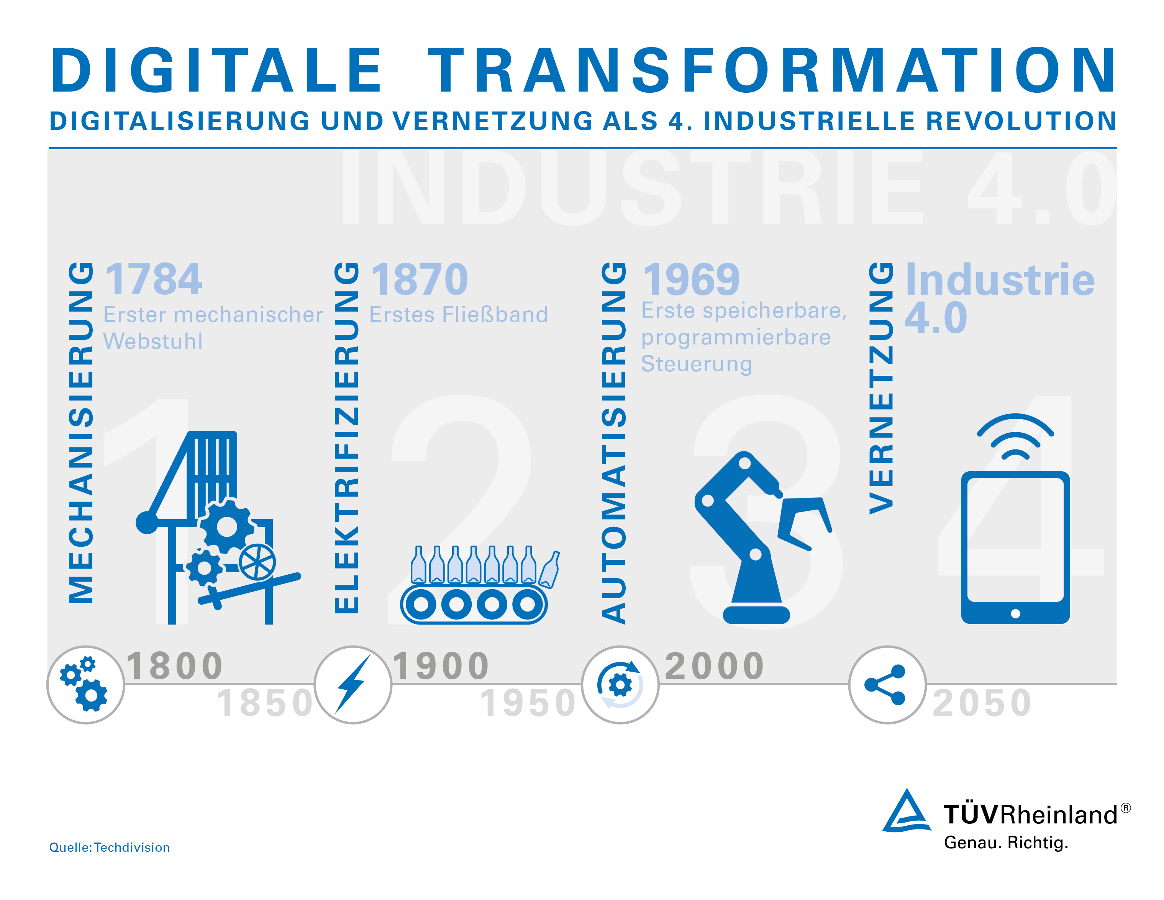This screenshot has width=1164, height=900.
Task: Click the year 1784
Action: click(154, 279)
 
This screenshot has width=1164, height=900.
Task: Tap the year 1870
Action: click(420, 279)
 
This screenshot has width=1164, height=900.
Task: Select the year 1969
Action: click(691, 279)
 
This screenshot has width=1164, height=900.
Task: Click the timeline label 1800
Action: click(175, 666)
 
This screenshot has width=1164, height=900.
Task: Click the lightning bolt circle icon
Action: click(353, 685)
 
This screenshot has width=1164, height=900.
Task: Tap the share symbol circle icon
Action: click(887, 685)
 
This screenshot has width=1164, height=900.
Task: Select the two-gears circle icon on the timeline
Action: click(86, 685)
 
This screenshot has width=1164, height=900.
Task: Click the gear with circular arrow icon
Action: click(620, 685)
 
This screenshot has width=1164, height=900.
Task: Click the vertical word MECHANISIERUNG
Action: click(81, 432)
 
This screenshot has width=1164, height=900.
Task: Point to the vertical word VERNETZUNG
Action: click(881, 388)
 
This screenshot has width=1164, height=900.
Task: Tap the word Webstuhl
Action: click(153, 341)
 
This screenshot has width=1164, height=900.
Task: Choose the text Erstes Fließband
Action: click(458, 315)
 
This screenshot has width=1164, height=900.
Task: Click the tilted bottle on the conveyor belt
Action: click(549, 569)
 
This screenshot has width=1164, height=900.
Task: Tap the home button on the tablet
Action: click(1015, 614)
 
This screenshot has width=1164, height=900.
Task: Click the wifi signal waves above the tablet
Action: click(1015, 436)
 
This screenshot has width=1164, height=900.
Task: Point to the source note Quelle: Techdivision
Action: click(109, 847)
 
